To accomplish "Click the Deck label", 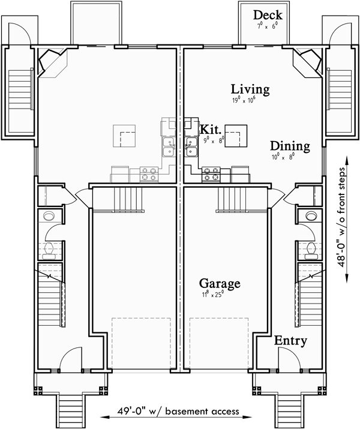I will (268, 15).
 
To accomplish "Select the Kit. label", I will (211, 129).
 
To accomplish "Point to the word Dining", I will (289, 146).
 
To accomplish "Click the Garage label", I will (220, 283).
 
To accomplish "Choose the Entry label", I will (290, 341).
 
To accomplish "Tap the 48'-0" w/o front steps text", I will (346, 216).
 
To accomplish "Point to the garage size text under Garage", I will (217, 295).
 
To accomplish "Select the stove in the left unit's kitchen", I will (149, 174).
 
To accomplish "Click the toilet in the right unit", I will (311, 251).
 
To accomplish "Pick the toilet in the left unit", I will (49, 251).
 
